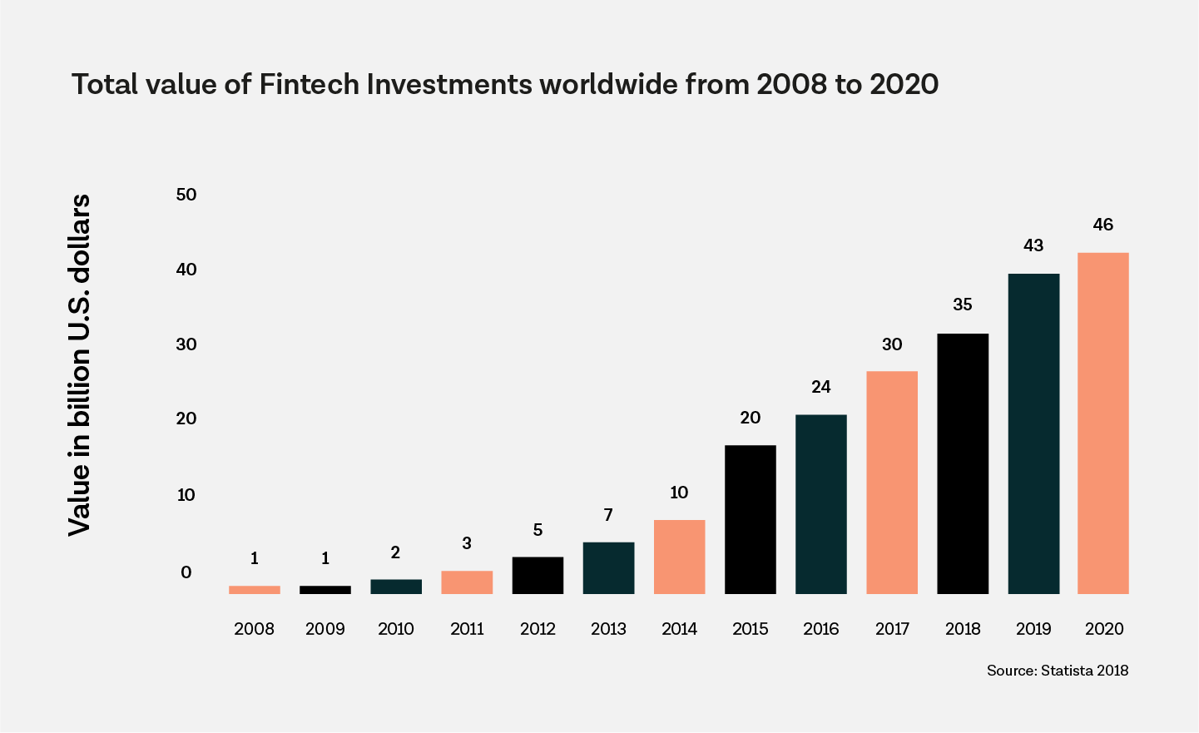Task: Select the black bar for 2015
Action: (750, 519)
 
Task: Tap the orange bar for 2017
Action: (891, 482)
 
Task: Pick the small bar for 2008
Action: (255, 589)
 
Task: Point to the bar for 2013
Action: (608, 567)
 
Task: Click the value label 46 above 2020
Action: (1102, 225)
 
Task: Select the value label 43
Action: (1033, 245)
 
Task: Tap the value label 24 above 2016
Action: (820, 387)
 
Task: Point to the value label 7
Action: (608, 515)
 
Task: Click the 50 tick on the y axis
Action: (186, 195)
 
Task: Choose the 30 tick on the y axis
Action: (186, 344)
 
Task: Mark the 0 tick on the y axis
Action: (186, 572)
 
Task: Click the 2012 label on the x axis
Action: (538, 629)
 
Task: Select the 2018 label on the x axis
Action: (963, 629)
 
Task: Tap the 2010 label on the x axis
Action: (396, 629)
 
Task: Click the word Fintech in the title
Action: (309, 85)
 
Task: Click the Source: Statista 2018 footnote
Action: (1057, 670)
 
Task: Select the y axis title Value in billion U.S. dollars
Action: (79, 364)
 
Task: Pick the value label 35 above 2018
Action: (962, 305)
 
